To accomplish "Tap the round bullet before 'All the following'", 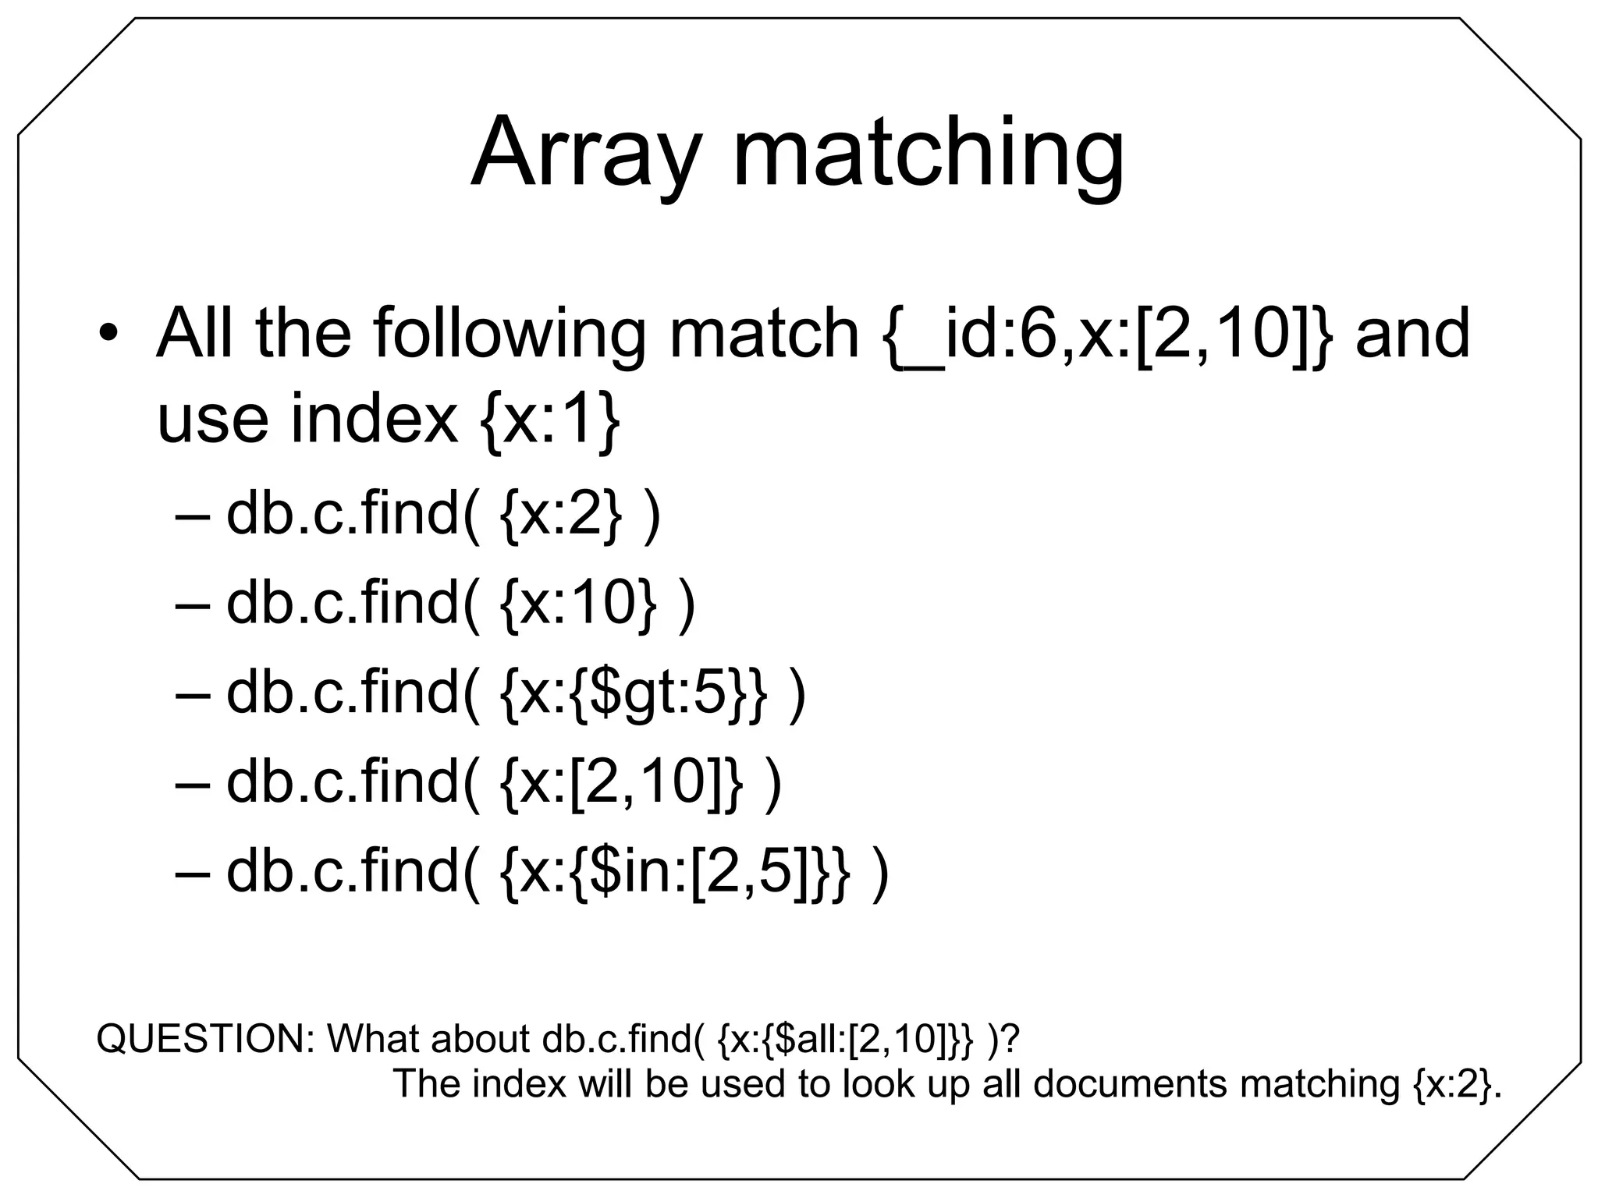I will (108, 333).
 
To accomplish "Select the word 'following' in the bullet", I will (509, 333).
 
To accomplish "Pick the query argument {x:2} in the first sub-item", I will (561, 516).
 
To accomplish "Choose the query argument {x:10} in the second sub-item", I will (578, 604).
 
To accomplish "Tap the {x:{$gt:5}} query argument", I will (633, 693).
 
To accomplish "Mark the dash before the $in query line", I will (194, 872).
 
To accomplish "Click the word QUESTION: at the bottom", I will (204, 1039).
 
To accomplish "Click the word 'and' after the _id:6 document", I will (1412, 333).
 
